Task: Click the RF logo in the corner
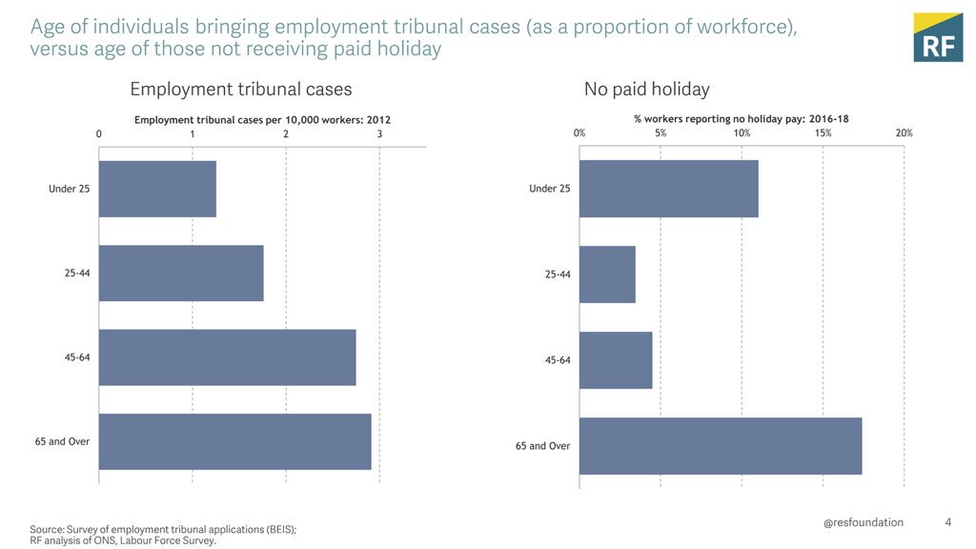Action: point(938,37)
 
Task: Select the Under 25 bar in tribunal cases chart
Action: point(157,189)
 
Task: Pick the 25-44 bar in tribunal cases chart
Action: point(181,274)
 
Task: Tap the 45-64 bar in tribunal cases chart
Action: point(227,357)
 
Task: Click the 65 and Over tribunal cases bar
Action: point(234,441)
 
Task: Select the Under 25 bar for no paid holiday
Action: point(668,189)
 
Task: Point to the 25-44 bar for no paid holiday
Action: point(607,274)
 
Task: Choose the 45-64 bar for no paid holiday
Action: point(616,360)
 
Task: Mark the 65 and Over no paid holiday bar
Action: point(721,446)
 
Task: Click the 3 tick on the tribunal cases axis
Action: point(379,133)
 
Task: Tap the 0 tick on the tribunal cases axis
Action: point(99,133)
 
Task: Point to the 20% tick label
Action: point(904,133)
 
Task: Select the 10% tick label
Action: point(742,133)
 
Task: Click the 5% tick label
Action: point(661,133)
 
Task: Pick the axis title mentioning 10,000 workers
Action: point(262,120)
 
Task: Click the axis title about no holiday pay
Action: point(742,119)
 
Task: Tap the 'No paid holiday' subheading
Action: point(646,90)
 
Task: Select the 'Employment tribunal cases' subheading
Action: point(240,90)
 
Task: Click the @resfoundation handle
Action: point(864,522)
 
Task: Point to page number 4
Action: point(947,522)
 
